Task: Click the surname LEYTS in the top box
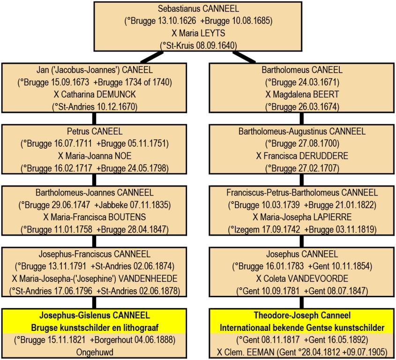pos(213,33)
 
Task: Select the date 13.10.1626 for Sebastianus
pos(177,21)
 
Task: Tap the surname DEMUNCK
pos(116,95)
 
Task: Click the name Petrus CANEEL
pos(95,131)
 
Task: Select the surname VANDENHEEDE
pos(148,278)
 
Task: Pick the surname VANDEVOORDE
pos(318,278)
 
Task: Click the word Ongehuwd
pos(95,352)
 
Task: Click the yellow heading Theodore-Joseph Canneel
pos(302,315)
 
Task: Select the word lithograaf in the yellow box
pos(141,328)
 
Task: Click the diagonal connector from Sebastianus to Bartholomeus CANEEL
pos(244,57)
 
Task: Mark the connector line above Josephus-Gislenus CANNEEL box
pos(94,303)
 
